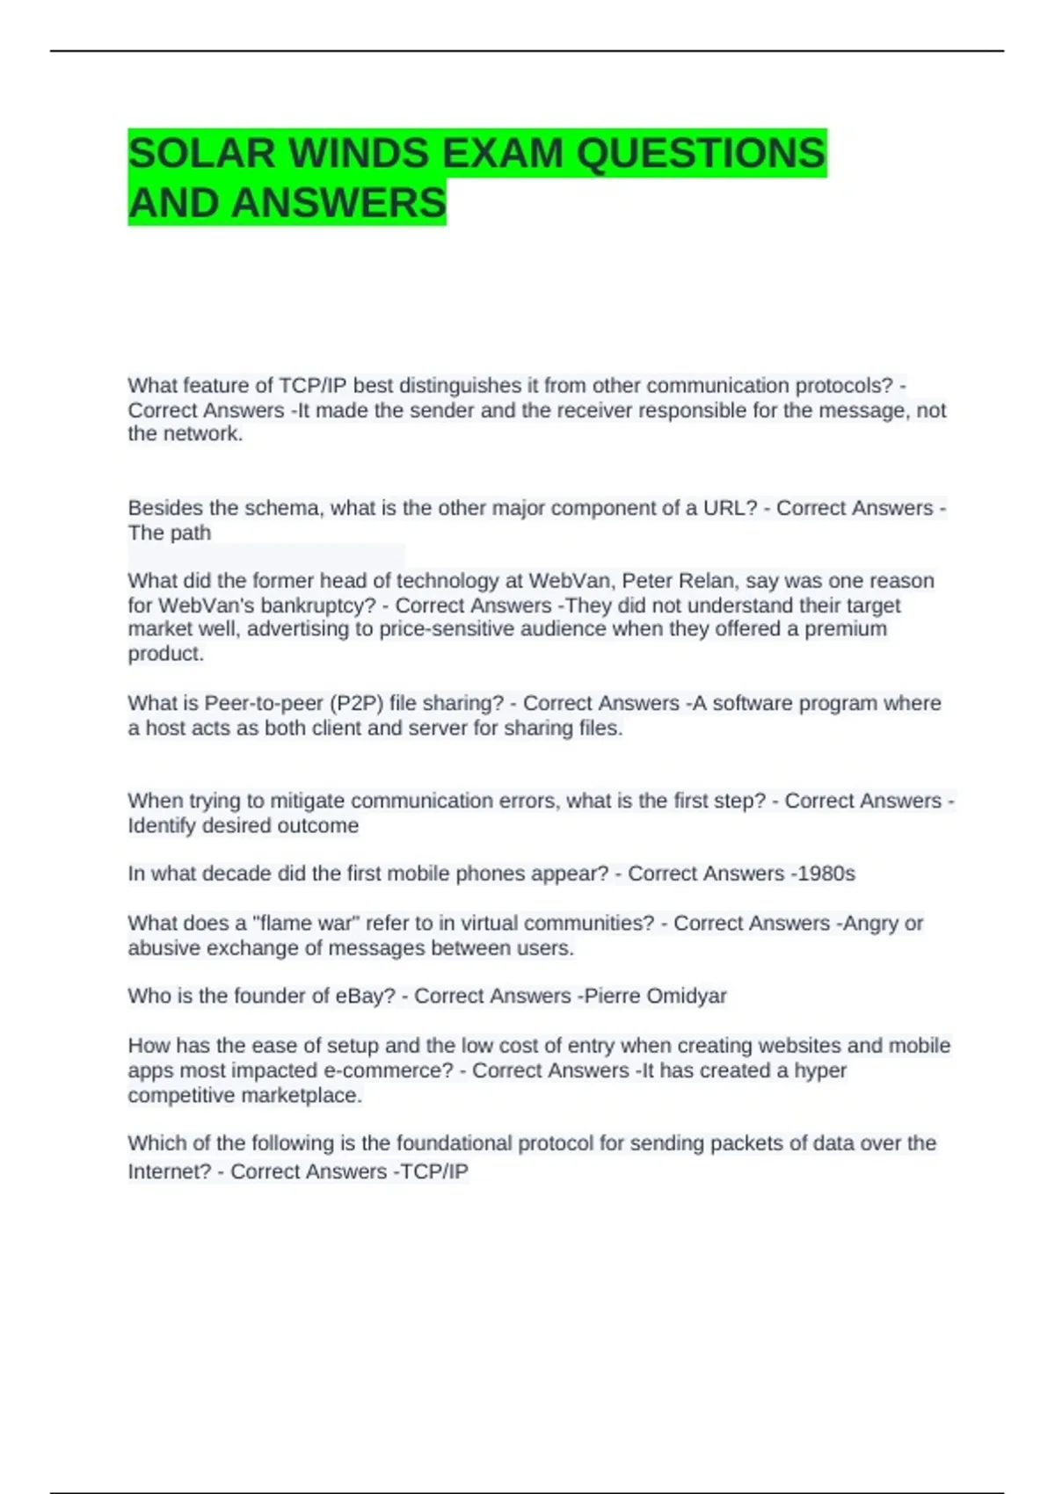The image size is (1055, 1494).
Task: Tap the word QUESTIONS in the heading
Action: [701, 153]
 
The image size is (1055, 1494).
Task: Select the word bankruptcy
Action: [324, 606]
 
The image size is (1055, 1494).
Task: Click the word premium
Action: [846, 629]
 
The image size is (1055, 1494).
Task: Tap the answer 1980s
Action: [826, 874]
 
